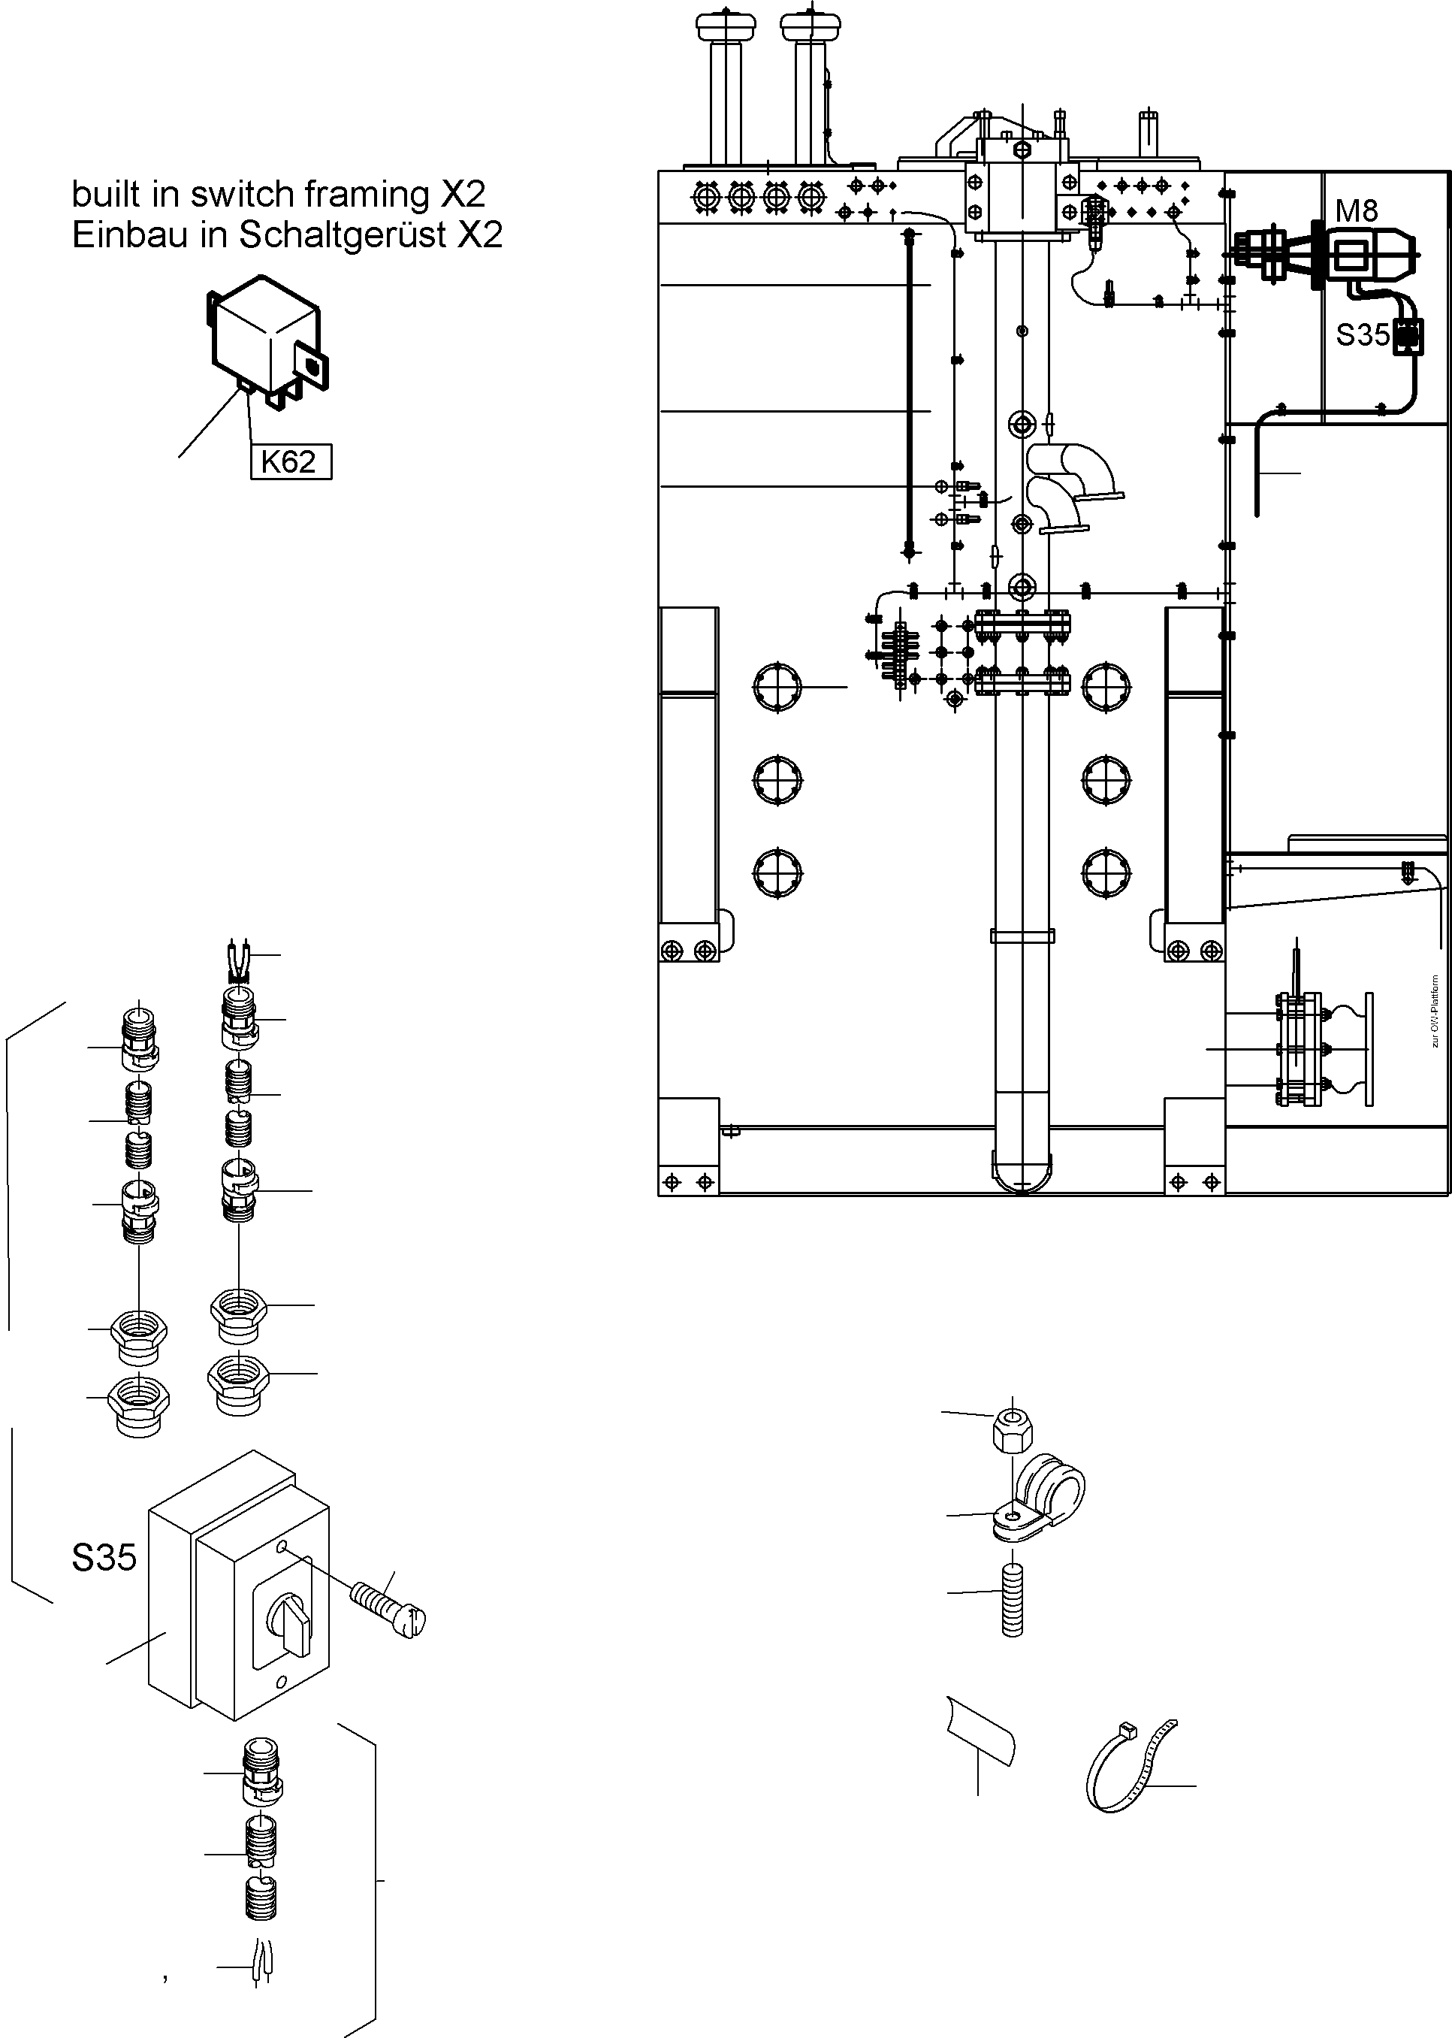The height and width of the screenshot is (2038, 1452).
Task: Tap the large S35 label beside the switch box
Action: [x=104, y=1557]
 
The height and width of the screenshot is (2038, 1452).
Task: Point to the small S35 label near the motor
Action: [x=1362, y=335]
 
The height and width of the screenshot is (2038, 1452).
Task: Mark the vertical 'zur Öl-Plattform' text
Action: [x=1434, y=1011]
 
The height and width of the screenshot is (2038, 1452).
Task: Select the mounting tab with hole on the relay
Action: [x=313, y=367]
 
